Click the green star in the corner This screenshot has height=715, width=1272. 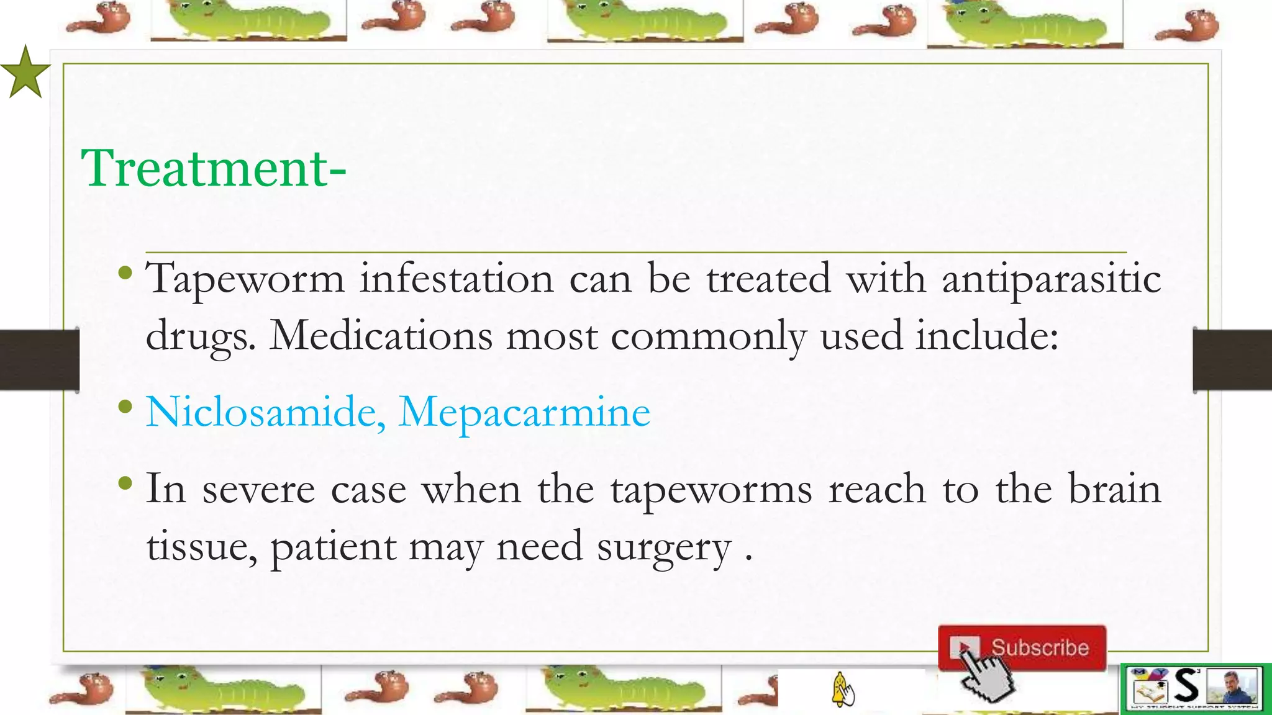25,73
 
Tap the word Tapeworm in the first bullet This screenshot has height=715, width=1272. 245,279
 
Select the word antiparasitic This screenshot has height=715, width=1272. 1051,279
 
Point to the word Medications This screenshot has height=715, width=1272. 381,336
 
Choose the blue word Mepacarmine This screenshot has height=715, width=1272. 524,413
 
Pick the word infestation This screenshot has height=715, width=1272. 457,279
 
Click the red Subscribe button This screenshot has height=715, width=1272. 1022,648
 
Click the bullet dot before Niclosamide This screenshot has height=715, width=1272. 125,407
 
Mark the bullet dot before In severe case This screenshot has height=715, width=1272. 125,483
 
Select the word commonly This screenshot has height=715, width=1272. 708,336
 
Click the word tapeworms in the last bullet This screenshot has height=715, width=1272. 711,490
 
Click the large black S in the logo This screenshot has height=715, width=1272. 1186,686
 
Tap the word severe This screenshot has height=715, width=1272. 258,490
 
